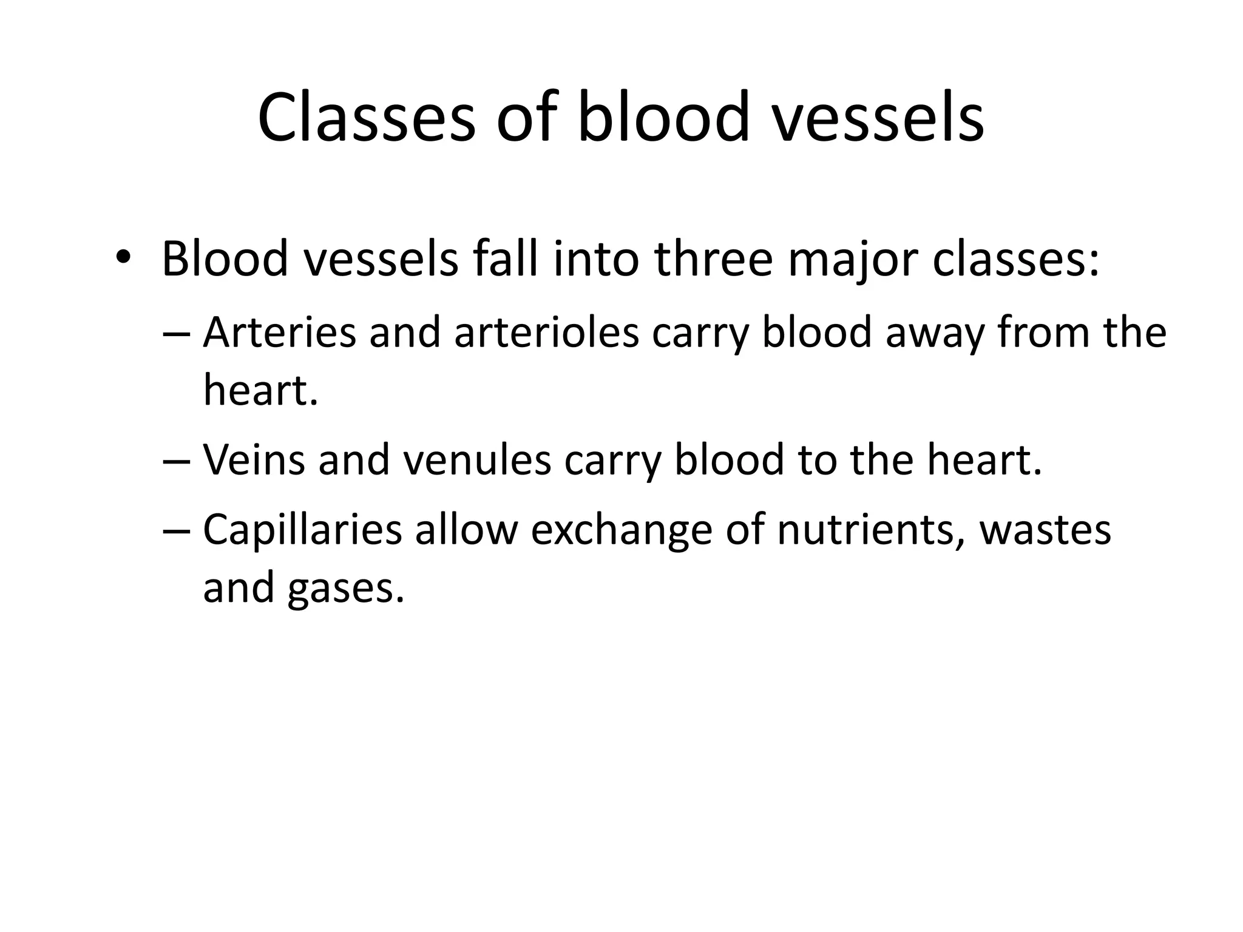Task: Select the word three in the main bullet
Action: click(714, 260)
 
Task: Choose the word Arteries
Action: click(279, 333)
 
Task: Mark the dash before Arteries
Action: click(177, 334)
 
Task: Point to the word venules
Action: click(477, 460)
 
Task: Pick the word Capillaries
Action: click(302, 530)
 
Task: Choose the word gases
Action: click(345, 589)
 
